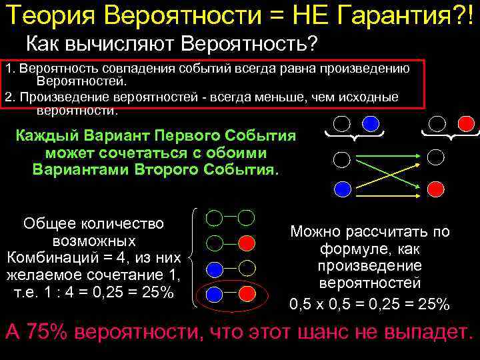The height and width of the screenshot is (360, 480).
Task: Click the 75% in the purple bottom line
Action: tap(45, 333)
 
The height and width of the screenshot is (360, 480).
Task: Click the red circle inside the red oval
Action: tap(247, 293)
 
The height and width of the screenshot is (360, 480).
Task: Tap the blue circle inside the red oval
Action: tap(215, 293)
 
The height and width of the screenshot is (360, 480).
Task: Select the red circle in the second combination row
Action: tap(247, 242)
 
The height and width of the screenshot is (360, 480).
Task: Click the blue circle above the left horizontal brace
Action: tap(371, 124)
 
